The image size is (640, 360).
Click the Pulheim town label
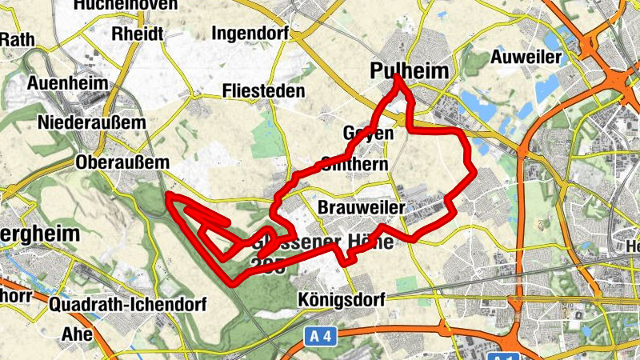coord(410,71)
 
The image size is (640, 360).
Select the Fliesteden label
coord(264,91)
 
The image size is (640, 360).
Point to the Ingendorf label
coord(251,34)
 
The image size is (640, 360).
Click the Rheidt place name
coord(138,34)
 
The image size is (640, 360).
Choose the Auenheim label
coord(66,82)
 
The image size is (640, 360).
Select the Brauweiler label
coord(358,208)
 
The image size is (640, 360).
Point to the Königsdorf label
coord(340,299)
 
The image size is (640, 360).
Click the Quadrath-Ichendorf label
coord(128,305)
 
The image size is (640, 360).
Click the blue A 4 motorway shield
coord(320,337)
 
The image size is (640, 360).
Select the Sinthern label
coord(354,164)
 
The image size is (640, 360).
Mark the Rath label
coord(17,39)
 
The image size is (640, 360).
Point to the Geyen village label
coord(369,134)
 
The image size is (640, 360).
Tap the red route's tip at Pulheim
coord(397,77)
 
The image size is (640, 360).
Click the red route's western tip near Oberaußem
coord(168,195)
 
